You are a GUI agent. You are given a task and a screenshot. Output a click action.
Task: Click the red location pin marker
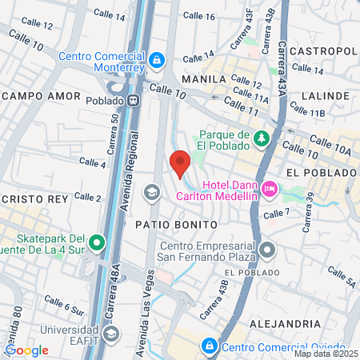(x=180, y=162)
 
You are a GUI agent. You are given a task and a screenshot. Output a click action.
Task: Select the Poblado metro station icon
(x=135, y=102)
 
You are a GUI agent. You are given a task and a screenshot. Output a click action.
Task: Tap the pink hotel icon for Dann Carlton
(x=270, y=190)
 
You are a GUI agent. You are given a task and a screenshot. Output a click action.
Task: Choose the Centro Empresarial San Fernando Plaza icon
(x=267, y=251)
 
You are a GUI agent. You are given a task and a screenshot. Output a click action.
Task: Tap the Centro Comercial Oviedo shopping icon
(x=209, y=346)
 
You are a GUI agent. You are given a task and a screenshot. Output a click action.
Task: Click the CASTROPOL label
(x=322, y=50)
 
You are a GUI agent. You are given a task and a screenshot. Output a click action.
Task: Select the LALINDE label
(x=326, y=95)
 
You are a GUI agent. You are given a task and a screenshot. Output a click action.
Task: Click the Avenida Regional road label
(x=126, y=179)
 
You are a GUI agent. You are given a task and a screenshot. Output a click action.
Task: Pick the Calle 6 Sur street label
(x=64, y=306)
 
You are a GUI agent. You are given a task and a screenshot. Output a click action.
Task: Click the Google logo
(x=26, y=350)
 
